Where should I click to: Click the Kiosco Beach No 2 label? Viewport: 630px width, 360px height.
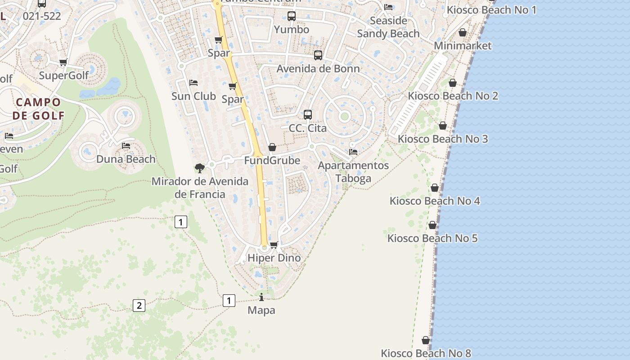pyautogui.click(x=453, y=96)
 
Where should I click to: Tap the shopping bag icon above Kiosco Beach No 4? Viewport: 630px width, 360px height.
pyautogui.click(x=435, y=188)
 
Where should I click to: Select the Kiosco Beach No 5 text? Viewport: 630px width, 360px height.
pyautogui.click(x=432, y=238)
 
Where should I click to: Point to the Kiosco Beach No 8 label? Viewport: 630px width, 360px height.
pyautogui.click(x=426, y=353)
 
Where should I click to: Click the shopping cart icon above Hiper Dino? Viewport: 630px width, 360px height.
pyautogui.click(x=274, y=245)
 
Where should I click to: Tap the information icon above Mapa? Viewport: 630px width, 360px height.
pyautogui.click(x=261, y=297)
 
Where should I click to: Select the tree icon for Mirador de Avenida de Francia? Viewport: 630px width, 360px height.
pyautogui.click(x=200, y=168)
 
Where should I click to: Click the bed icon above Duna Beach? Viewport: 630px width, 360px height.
pyautogui.click(x=126, y=146)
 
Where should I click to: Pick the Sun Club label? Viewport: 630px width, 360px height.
pyautogui.click(x=193, y=96)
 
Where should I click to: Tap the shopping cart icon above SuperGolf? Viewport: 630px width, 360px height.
pyautogui.click(x=63, y=62)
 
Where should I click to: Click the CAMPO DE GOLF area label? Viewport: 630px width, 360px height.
pyautogui.click(x=38, y=108)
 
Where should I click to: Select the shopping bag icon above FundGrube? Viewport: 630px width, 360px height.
pyautogui.click(x=272, y=147)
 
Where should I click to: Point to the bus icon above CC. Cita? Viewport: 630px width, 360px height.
pyautogui.click(x=308, y=115)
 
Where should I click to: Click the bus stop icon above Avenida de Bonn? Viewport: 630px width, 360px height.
pyautogui.click(x=318, y=55)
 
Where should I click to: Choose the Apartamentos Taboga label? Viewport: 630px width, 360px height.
pyautogui.click(x=353, y=171)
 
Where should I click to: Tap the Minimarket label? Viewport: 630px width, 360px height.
pyautogui.click(x=463, y=45)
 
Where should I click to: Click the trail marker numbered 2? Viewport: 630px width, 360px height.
pyautogui.click(x=139, y=306)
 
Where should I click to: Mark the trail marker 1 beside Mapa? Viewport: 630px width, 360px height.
pyautogui.click(x=229, y=300)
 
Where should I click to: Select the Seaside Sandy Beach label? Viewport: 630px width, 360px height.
pyautogui.click(x=388, y=27)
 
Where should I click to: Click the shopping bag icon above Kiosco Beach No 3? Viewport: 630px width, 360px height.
pyautogui.click(x=443, y=126)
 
